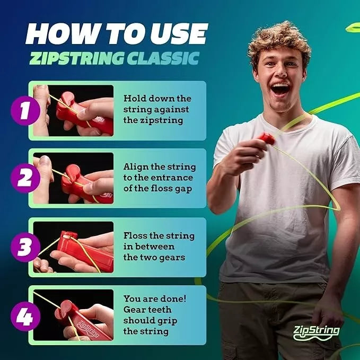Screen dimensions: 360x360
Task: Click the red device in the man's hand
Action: [266, 139]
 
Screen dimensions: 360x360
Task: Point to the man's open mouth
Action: [280, 88]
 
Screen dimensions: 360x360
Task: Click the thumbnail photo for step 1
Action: [73, 110]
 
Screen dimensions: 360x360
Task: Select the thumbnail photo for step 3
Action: [73, 247]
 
